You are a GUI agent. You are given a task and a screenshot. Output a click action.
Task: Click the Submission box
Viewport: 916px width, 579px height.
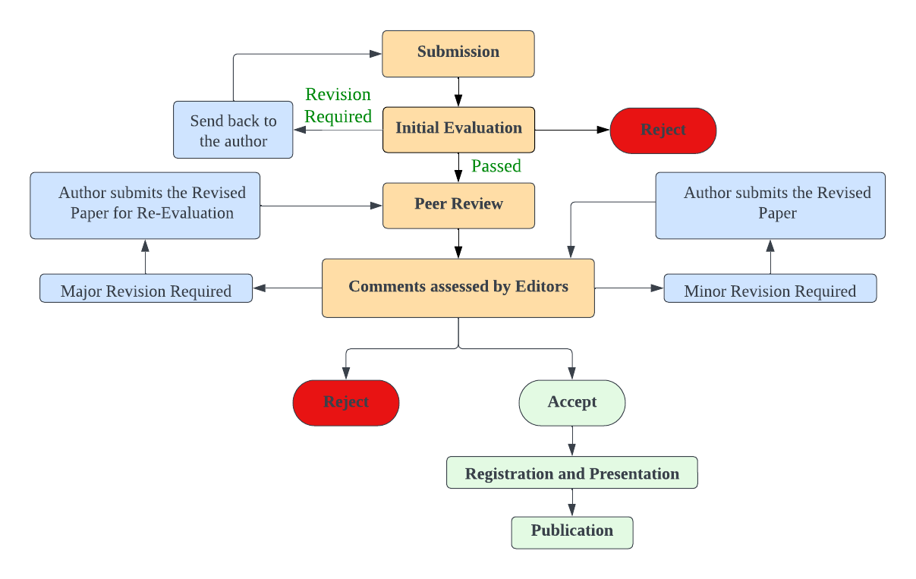[458, 53]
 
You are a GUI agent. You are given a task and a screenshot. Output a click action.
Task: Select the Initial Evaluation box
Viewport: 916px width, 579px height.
[458, 129]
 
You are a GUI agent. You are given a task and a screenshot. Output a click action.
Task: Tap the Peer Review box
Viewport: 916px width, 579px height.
[458, 205]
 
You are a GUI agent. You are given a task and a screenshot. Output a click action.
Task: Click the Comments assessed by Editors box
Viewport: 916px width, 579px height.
[458, 288]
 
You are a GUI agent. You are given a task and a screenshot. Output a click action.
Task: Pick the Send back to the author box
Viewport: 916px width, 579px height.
[233, 130]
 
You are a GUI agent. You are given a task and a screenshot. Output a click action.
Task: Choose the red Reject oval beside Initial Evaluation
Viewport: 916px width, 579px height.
[663, 130]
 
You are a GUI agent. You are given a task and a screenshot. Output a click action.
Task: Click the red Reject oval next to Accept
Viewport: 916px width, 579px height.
[345, 402]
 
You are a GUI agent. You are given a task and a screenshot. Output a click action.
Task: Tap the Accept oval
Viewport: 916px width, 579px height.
[571, 402]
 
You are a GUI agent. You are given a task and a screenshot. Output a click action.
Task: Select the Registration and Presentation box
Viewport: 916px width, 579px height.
[571, 473]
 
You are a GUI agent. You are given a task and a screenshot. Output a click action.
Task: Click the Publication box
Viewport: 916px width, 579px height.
[571, 532]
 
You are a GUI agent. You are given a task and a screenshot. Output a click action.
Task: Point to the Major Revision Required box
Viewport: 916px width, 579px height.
[146, 288]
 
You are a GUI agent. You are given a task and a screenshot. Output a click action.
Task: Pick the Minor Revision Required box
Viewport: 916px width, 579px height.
[770, 288]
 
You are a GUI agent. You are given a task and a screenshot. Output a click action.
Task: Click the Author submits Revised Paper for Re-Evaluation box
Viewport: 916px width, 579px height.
[145, 205]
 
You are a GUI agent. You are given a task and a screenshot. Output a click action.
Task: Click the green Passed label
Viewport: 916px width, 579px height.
[496, 166]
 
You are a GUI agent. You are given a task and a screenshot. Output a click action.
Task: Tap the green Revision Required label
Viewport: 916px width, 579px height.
[338, 105]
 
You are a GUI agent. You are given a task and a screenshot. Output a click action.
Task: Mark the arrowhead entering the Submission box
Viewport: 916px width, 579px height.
[376, 54]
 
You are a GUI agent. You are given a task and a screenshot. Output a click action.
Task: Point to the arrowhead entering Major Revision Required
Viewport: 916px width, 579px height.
[259, 288]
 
